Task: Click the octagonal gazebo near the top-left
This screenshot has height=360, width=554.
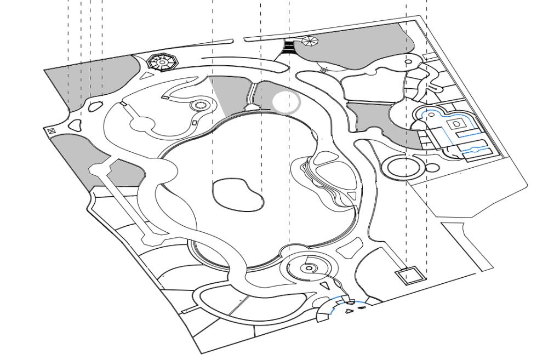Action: (x=163, y=62)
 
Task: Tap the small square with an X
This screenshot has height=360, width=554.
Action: (x=51, y=131)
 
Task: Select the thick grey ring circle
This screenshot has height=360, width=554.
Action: (x=286, y=102)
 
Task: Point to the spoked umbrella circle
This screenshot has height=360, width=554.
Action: (x=309, y=41)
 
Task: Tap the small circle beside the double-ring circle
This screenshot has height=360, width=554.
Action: (x=432, y=167)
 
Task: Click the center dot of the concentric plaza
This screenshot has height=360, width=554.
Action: (x=309, y=268)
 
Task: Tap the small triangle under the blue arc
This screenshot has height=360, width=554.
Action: (x=349, y=311)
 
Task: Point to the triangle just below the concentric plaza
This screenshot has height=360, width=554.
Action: (x=325, y=285)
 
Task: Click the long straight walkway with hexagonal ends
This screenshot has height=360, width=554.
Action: (x=122, y=202)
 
